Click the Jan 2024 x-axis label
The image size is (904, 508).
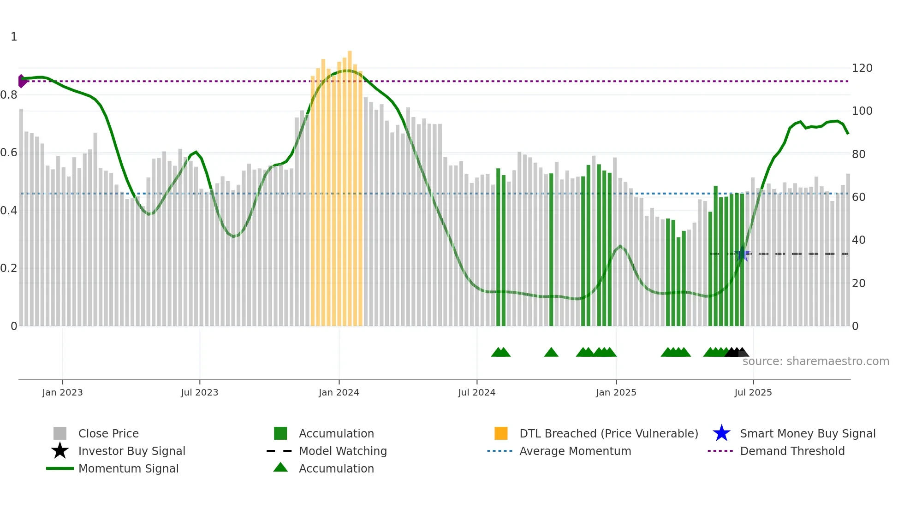(x=339, y=392)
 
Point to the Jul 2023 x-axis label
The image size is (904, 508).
(x=199, y=392)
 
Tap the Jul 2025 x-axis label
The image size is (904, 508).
(x=753, y=392)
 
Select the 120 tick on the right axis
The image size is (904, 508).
(x=862, y=68)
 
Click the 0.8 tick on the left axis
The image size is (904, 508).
(x=9, y=95)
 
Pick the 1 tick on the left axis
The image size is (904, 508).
(x=14, y=37)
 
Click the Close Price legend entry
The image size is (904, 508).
(x=108, y=433)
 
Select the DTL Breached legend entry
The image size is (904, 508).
(x=608, y=433)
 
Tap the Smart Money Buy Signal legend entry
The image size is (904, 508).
(x=807, y=433)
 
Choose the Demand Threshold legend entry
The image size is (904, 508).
(x=792, y=451)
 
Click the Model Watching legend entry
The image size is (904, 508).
(x=342, y=451)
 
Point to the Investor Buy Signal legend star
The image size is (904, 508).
(x=60, y=451)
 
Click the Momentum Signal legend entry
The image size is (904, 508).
(x=128, y=468)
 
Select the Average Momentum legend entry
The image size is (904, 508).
(x=575, y=451)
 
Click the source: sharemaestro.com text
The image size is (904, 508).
(x=815, y=361)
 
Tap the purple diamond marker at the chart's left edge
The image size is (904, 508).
(x=22, y=81)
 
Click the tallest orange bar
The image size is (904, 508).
(x=350, y=184)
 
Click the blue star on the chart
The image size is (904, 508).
(x=742, y=254)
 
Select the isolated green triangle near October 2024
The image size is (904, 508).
(x=551, y=353)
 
